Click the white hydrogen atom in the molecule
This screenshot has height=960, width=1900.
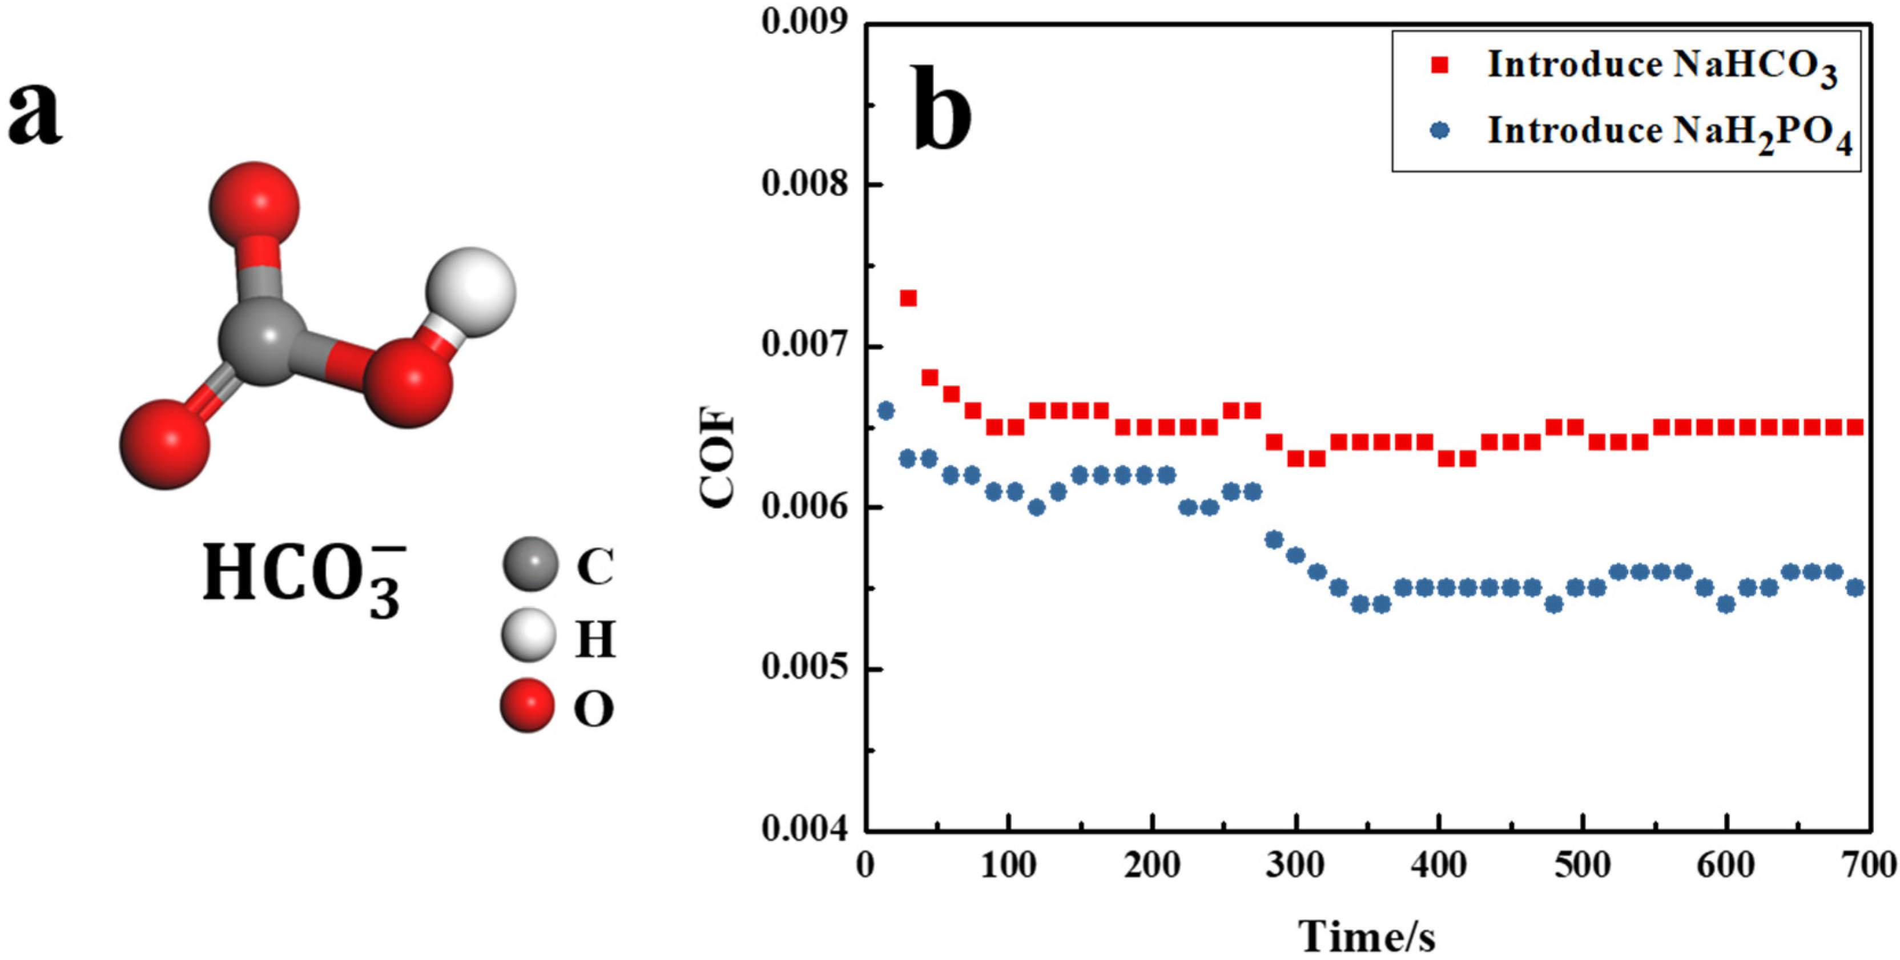470,292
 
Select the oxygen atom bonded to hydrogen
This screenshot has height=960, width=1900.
408,382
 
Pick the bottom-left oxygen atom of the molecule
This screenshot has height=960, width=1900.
165,445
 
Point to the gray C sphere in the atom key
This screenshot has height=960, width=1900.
530,564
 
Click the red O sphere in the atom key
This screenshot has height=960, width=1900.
528,705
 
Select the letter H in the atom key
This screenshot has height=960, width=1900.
594,639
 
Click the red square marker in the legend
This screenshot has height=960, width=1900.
1439,66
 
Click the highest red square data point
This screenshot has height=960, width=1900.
908,298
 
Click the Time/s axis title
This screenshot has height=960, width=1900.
1366,937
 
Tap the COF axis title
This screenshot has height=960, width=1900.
717,457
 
